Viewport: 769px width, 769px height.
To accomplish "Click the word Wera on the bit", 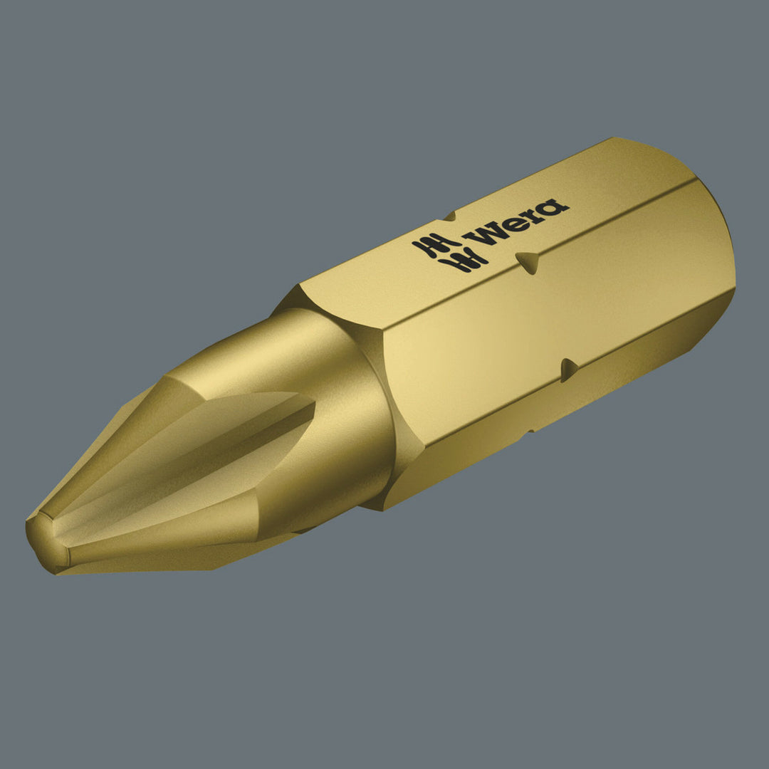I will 516,221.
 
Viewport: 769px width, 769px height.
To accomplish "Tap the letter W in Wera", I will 483,231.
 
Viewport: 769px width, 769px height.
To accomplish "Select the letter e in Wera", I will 509,221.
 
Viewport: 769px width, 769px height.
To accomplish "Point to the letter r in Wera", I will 531,214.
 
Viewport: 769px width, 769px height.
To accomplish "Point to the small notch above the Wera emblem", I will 449,214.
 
